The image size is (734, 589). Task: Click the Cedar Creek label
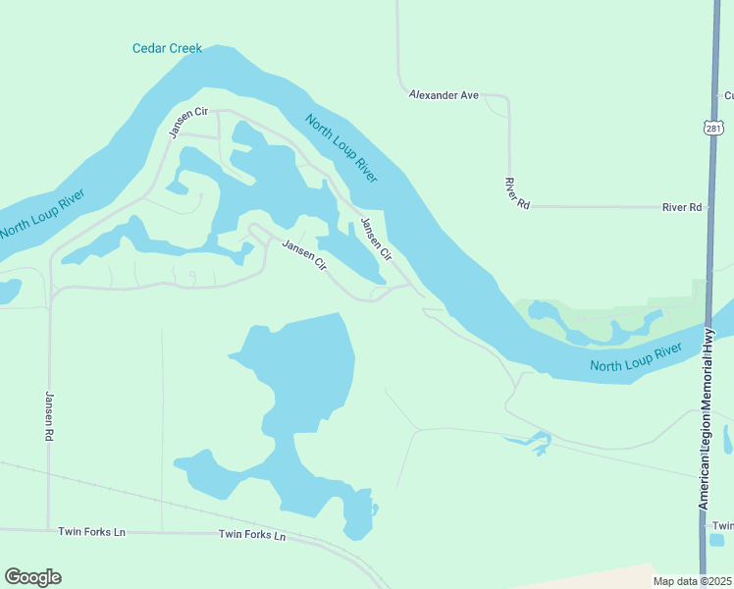click(x=167, y=48)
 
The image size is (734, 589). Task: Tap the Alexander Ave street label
click(x=444, y=95)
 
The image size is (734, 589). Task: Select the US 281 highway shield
click(x=713, y=129)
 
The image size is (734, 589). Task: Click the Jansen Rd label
click(x=48, y=415)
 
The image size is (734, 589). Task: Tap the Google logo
click(x=32, y=576)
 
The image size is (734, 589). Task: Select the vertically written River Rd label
click(x=510, y=192)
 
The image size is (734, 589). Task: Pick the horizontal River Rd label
click(x=682, y=207)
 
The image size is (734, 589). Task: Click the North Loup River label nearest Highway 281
click(x=636, y=358)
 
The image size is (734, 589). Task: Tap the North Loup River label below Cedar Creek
click(x=341, y=148)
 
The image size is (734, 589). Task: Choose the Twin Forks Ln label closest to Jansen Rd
click(x=91, y=531)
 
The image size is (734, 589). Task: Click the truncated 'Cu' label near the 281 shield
click(x=727, y=95)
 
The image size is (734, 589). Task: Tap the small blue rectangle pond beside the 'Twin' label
click(x=717, y=539)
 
